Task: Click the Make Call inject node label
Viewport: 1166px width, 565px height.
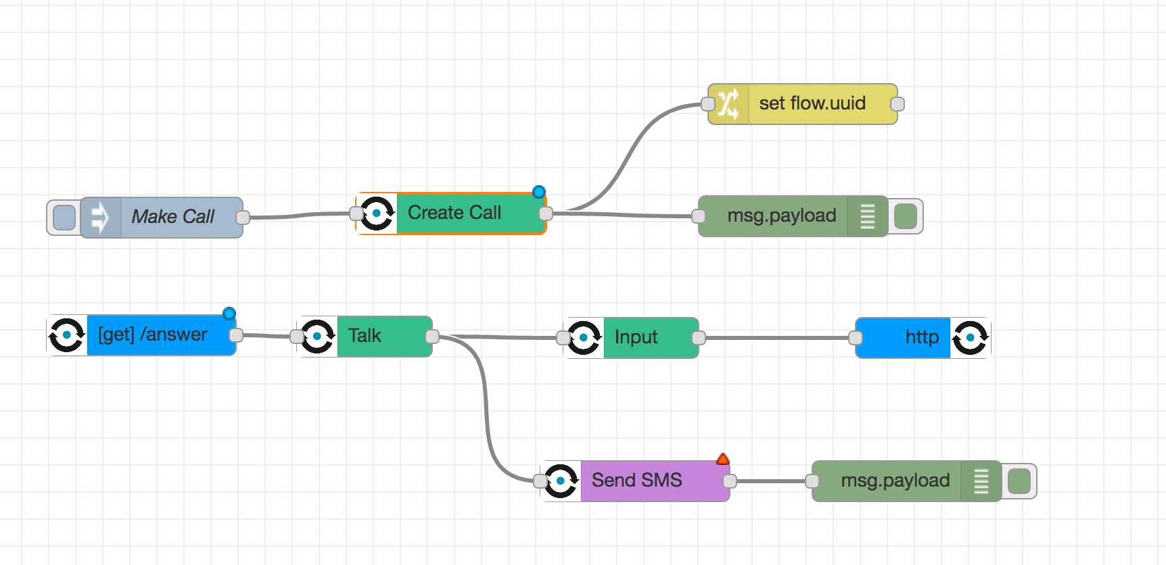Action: (173, 216)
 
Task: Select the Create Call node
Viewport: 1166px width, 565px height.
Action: (451, 214)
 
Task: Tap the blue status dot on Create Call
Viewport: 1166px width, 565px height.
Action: (539, 192)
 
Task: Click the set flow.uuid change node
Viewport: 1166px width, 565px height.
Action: (803, 104)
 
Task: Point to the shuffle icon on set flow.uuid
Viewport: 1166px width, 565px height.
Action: (728, 104)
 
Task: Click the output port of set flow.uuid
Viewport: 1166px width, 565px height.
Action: (897, 104)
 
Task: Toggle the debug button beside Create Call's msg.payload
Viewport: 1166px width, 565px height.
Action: (906, 216)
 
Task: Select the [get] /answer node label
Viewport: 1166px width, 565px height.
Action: (153, 335)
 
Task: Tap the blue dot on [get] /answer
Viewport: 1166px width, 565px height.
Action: (229, 314)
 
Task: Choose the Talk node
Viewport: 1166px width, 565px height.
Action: (365, 336)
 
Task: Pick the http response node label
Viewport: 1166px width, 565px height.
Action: (922, 337)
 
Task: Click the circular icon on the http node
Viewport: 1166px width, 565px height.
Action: (971, 337)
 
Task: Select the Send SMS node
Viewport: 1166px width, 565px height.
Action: (635, 481)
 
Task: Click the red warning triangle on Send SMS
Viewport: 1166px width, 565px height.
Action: (723, 460)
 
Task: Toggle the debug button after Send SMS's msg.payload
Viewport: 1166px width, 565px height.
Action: (1019, 481)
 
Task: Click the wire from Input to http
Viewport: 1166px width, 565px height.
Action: (777, 337)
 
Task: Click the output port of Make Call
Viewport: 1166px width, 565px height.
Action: (243, 218)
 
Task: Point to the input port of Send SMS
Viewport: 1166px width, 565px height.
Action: (540, 481)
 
